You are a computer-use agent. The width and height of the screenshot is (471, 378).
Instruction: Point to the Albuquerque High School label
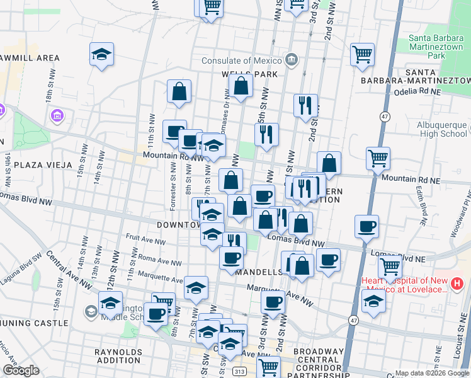click(x=442, y=129)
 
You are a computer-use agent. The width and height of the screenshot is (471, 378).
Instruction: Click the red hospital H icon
click(x=457, y=285)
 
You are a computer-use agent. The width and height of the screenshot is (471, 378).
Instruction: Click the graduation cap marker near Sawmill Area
click(x=101, y=55)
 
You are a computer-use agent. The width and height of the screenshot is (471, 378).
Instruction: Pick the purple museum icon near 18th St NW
click(x=57, y=116)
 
